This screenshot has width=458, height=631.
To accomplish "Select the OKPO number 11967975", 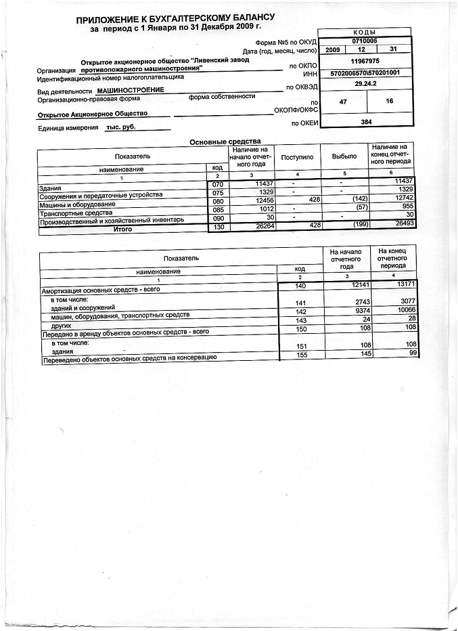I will (365, 61).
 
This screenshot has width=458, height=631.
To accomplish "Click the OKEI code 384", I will (365, 122).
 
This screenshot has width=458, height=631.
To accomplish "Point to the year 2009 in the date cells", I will (333, 51).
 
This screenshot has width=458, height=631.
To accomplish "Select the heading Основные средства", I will (224, 141).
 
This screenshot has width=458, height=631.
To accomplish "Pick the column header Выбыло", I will (344, 157).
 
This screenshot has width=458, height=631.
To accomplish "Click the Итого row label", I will (122, 230).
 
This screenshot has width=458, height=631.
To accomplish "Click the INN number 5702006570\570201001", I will (365, 72).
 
